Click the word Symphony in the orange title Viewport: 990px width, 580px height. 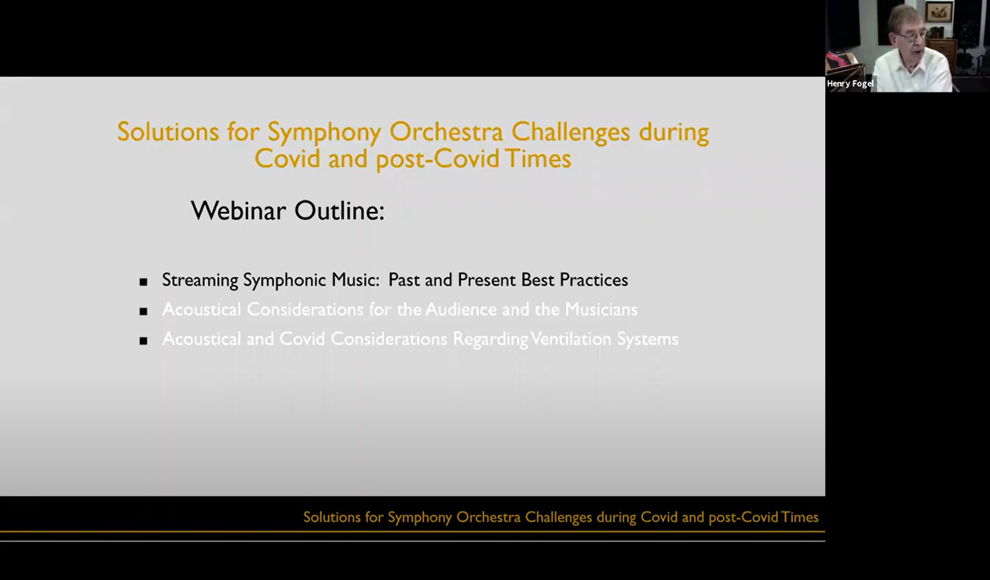tap(323, 132)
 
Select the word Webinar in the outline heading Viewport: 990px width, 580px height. tap(239, 210)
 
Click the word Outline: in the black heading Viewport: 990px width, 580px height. tap(339, 210)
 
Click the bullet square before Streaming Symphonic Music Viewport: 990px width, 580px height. tap(143, 282)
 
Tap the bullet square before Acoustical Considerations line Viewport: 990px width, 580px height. tap(143, 312)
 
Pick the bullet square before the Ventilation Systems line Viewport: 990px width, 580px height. tap(143, 341)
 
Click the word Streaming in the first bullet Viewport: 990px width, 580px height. tap(200, 280)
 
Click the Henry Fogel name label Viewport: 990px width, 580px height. tap(849, 83)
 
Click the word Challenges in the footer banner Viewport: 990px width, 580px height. tap(558, 517)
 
